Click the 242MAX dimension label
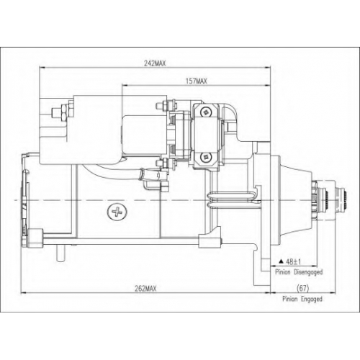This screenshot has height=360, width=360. click(155, 63)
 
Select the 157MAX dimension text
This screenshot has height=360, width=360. click(196, 81)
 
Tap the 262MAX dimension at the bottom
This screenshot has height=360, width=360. click(145, 289)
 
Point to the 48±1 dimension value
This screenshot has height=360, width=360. click(294, 261)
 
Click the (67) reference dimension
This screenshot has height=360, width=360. click(302, 288)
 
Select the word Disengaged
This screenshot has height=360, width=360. click(308, 272)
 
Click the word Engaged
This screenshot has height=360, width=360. click(312, 299)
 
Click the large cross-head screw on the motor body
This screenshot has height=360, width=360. click(117, 212)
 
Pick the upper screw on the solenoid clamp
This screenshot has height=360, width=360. click(206, 112)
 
